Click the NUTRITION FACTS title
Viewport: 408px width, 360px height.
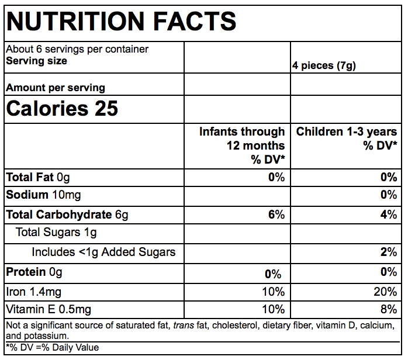click(x=121, y=22)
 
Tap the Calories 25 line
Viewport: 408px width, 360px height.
click(x=62, y=109)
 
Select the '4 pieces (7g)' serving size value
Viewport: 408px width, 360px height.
click(x=324, y=66)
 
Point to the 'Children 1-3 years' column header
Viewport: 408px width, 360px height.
click(x=347, y=138)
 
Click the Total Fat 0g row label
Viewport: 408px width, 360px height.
click(x=38, y=177)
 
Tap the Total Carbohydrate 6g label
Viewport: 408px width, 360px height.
click(x=67, y=214)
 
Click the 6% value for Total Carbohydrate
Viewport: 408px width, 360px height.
click(x=276, y=214)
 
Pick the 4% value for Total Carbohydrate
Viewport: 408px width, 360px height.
click(x=389, y=214)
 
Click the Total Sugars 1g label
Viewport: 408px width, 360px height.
click(x=56, y=233)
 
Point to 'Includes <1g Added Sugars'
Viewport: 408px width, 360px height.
click(x=103, y=252)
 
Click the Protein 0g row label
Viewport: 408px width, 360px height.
click(x=34, y=272)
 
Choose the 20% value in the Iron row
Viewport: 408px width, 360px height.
click(x=386, y=291)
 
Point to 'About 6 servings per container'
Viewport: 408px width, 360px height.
click(x=77, y=50)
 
